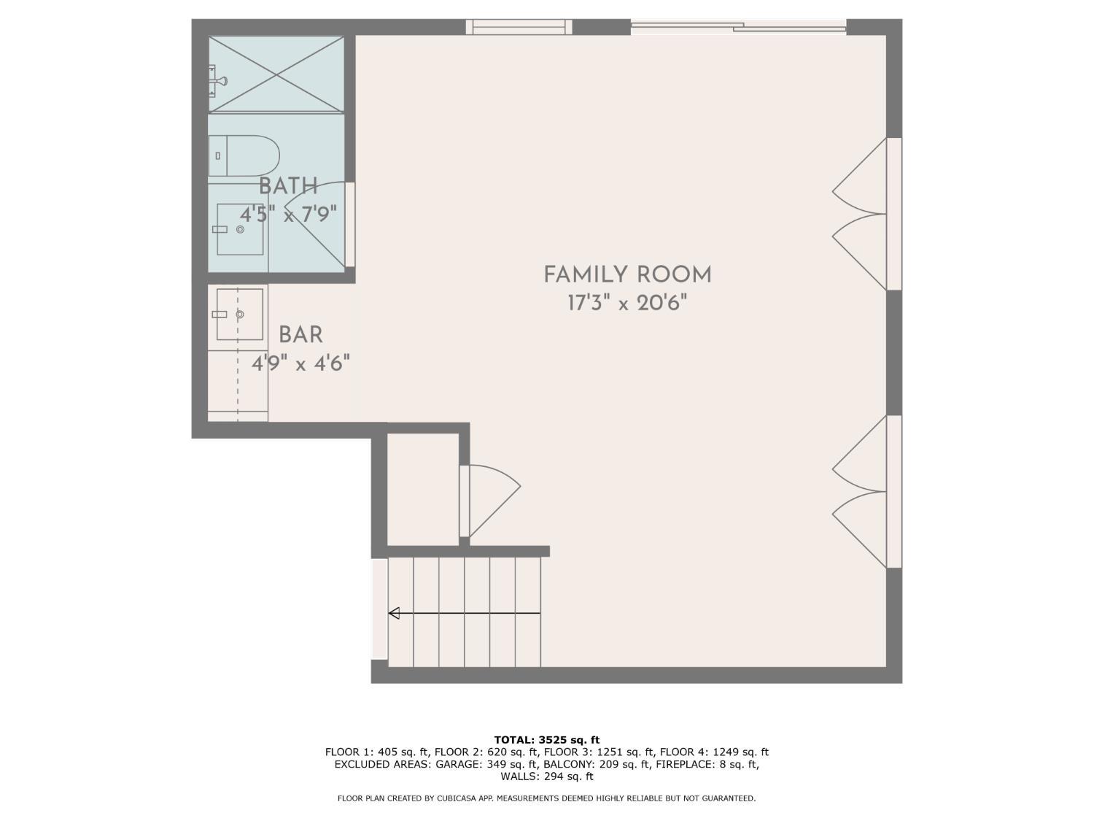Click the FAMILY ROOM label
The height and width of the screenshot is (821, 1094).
click(x=627, y=274)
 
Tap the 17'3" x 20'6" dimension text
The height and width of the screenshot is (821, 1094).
click(x=627, y=303)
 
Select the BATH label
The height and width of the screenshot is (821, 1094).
click(x=288, y=186)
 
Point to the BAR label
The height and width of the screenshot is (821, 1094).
click(x=300, y=334)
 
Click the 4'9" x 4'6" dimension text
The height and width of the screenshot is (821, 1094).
click(x=300, y=363)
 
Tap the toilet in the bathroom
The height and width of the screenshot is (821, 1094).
click(x=244, y=155)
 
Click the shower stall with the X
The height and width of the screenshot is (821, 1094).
click(x=276, y=74)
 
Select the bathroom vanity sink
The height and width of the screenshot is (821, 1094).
click(x=240, y=229)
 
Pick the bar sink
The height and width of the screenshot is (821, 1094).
click(x=240, y=315)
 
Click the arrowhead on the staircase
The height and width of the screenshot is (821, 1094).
click(x=394, y=613)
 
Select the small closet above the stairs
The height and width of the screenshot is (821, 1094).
click(x=422, y=490)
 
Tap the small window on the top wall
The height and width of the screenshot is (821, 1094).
click(x=519, y=27)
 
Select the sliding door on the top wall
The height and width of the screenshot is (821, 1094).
click(x=739, y=27)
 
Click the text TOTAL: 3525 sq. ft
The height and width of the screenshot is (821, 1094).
click(x=547, y=740)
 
